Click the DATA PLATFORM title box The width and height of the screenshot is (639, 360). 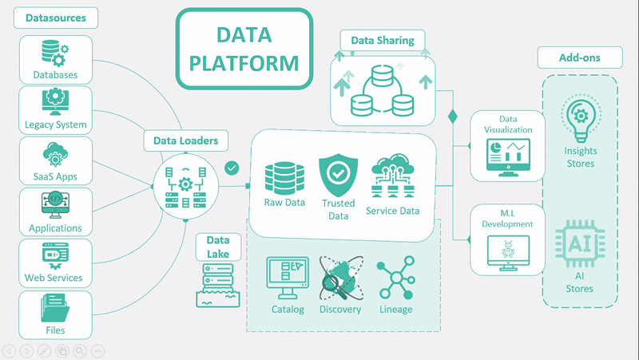pos(244,49)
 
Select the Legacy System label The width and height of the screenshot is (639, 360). pos(55,125)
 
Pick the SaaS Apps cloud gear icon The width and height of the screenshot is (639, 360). pos(55,153)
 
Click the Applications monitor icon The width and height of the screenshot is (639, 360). pos(55,206)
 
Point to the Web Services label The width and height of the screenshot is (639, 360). pos(55,278)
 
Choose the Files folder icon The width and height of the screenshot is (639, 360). pos(55,308)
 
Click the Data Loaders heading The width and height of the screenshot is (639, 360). pos(185,141)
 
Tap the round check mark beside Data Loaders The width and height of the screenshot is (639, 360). pos(232,168)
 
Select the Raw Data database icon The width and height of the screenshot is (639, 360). pos(284,177)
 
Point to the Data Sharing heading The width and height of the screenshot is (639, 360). pos(383,40)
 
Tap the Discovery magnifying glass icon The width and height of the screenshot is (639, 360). pos(340,279)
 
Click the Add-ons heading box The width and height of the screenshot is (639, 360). pos(580,57)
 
